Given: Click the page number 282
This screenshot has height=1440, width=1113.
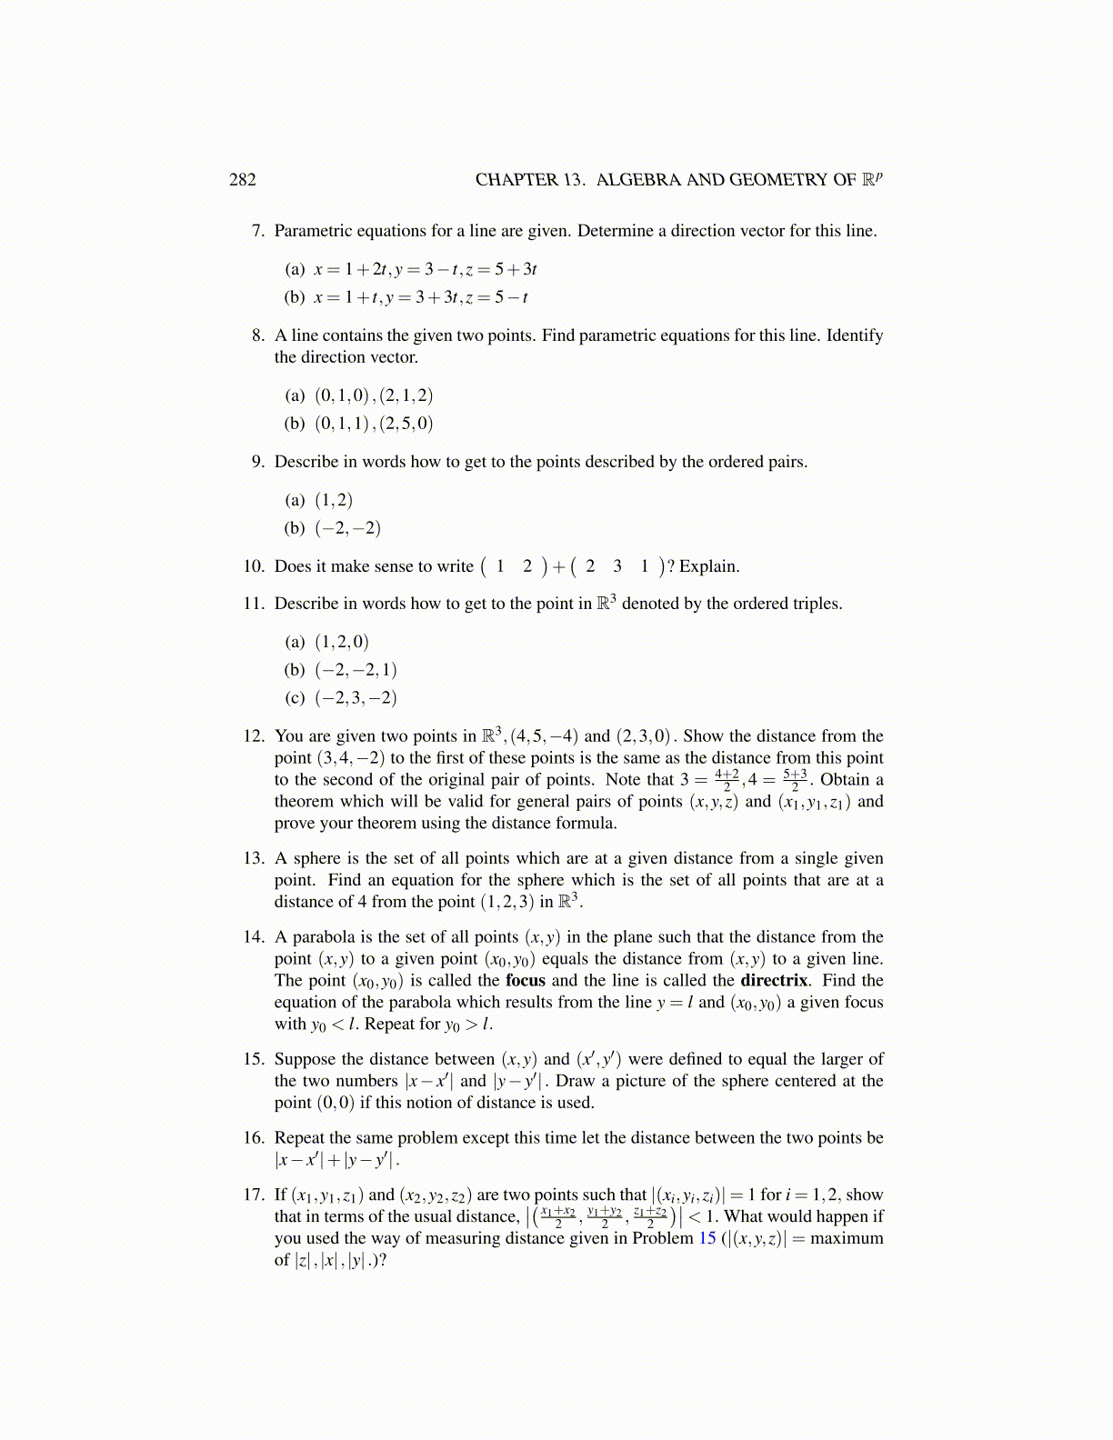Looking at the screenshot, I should tap(242, 179).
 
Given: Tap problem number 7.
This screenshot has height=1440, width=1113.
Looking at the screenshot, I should tap(257, 231).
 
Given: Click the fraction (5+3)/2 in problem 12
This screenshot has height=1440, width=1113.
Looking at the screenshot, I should tap(795, 780).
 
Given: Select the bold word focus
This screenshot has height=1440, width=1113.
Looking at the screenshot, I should tap(526, 980).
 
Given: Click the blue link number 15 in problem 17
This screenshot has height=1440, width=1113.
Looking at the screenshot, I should tap(707, 1238).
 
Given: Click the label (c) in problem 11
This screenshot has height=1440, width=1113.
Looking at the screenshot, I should tap(295, 698).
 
